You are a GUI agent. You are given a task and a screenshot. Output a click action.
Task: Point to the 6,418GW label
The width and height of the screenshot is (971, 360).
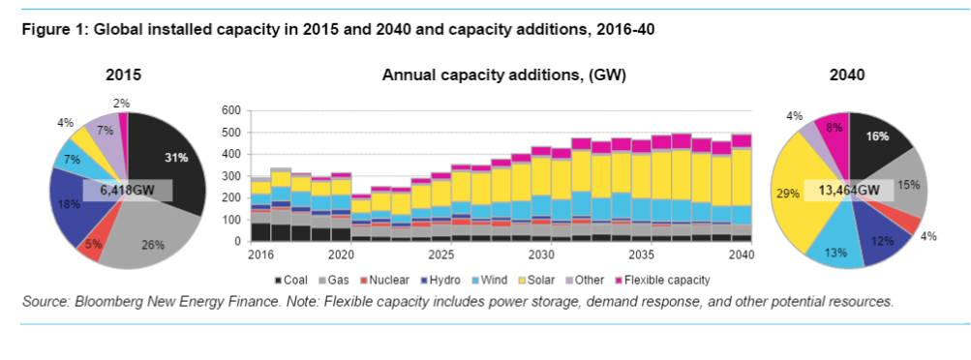(127, 191)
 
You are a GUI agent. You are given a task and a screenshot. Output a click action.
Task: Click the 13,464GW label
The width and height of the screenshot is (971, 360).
(849, 190)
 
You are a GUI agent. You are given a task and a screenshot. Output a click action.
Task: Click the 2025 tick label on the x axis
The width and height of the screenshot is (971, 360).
(441, 255)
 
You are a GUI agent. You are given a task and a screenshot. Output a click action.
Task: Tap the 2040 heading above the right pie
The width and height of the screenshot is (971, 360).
(847, 75)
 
